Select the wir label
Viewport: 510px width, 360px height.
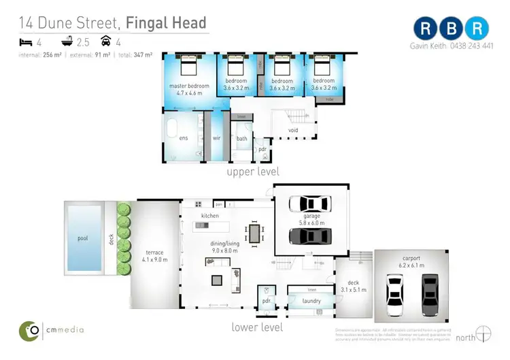click(x=217, y=137)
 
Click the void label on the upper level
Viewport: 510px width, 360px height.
click(x=293, y=130)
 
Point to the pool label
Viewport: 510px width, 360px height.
click(x=82, y=238)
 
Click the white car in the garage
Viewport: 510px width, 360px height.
click(x=310, y=204)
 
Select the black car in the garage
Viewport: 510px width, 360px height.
click(x=310, y=235)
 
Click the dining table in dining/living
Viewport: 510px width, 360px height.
click(x=256, y=233)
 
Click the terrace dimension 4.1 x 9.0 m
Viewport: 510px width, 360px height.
click(x=156, y=260)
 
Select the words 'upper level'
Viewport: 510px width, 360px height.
click(x=252, y=171)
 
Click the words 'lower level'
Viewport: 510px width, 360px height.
click(x=257, y=327)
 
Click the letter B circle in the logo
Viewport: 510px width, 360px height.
click(x=453, y=29)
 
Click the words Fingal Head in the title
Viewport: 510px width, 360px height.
click(x=167, y=23)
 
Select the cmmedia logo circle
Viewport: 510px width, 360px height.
click(x=29, y=330)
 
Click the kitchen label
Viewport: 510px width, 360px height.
click(x=209, y=216)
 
